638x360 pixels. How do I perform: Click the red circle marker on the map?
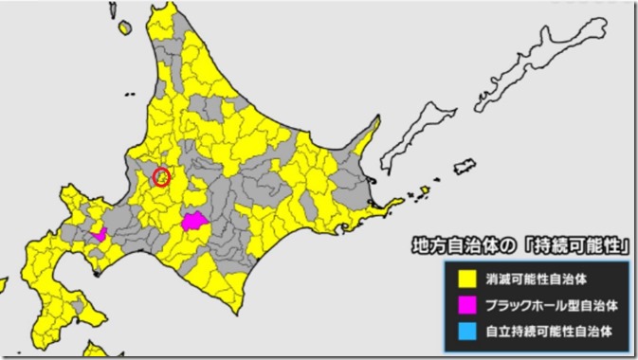coord(161,176)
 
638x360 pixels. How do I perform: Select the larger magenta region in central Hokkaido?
coord(195,223)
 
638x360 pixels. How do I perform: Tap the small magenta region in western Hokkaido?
coord(99,233)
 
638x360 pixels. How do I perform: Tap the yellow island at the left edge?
coord(3,284)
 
